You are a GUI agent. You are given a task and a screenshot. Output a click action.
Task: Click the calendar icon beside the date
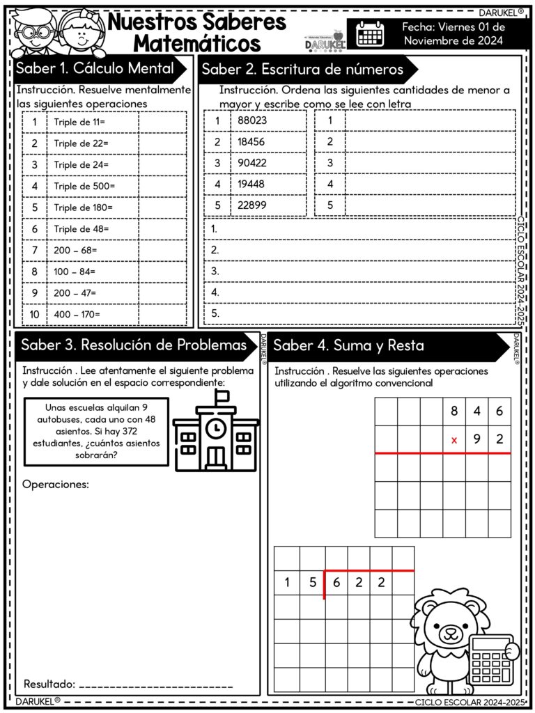tap(370, 33)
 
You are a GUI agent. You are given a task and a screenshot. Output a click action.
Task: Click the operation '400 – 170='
tap(77, 314)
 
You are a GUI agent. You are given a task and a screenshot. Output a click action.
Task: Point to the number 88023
tap(252, 120)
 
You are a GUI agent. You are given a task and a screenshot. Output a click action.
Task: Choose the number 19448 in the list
tap(251, 185)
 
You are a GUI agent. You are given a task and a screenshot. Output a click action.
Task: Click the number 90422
tap(252, 163)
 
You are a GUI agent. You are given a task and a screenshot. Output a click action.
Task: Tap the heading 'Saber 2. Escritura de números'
tap(302, 70)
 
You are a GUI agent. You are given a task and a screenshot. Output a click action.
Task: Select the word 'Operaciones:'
tap(56, 484)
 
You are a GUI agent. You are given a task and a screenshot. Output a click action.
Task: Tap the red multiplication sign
tap(454, 440)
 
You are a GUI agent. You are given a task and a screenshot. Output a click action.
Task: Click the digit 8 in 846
tap(454, 411)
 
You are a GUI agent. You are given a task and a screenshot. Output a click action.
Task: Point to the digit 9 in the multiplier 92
tap(477, 439)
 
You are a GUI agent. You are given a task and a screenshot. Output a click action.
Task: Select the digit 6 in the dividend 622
tap(336, 583)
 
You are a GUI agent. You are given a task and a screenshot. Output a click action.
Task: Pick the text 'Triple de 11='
tap(79, 123)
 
